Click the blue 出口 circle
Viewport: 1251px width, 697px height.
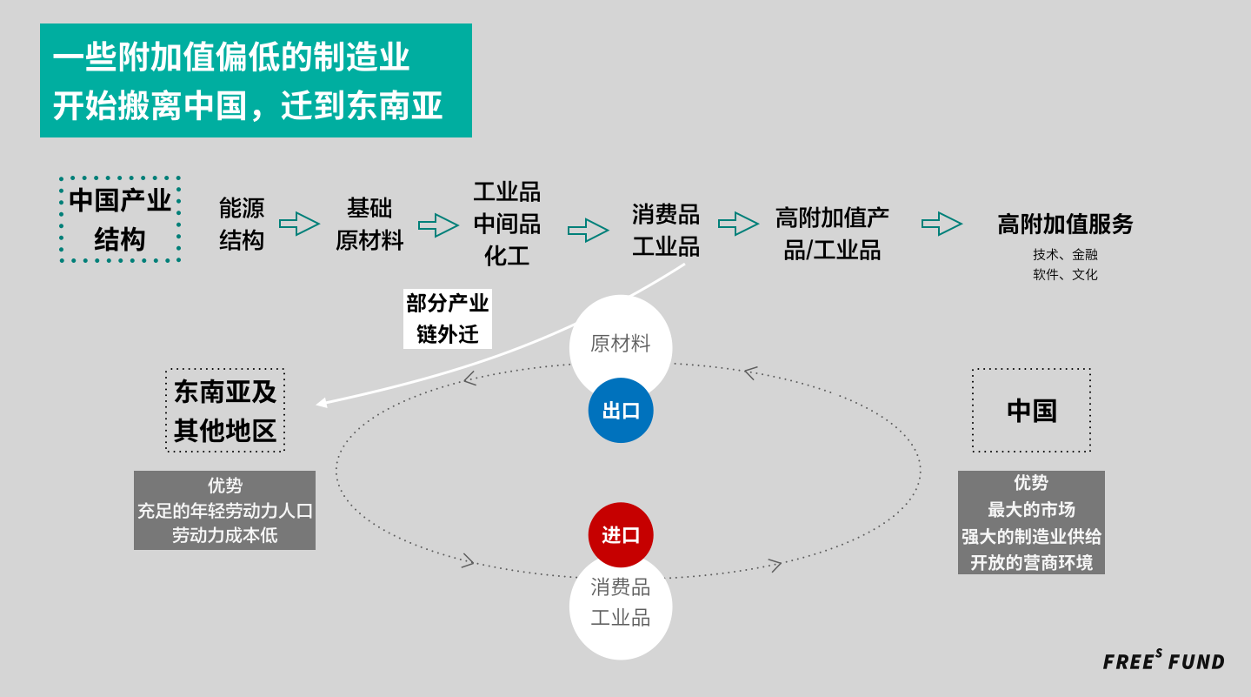(x=621, y=411)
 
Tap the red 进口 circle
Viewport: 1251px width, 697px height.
(x=621, y=534)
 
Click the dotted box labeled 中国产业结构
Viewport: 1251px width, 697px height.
(x=120, y=219)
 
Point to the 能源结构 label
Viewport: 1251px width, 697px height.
(x=242, y=224)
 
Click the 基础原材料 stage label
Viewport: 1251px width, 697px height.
(x=369, y=224)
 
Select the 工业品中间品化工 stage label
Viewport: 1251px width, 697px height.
(x=507, y=224)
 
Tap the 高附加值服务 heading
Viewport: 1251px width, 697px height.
(x=1065, y=225)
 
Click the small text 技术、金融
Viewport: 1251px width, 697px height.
(x=1065, y=254)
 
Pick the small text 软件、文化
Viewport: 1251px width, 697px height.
(x=1065, y=274)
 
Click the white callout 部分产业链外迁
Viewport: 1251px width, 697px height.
(x=448, y=318)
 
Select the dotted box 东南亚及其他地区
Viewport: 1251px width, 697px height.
(x=225, y=411)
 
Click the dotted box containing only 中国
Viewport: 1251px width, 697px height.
(x=1031, y=411)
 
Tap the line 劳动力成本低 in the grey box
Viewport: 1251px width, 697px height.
(x=224, y=535)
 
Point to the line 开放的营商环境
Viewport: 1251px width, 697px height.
(x=1031, y=562)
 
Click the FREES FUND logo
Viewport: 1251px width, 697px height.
(x=1163, y=661)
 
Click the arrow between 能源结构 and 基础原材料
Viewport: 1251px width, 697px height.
(x=299, y=224)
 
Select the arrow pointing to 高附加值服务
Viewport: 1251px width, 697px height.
(x=942, y=224)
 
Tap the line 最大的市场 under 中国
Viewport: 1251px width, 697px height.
(x=1031, y=509)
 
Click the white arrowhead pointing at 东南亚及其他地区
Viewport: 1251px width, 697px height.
(x=322, y=403)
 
